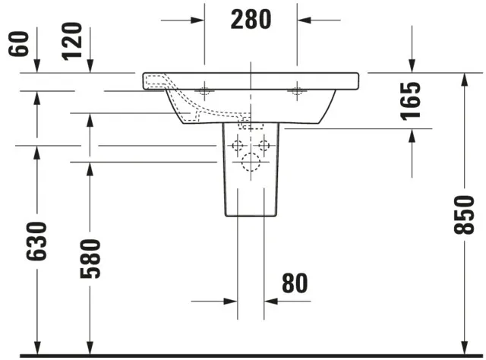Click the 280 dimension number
tap(250, 19)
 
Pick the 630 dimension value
tap(36, 241)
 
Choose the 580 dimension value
tap(89, 258)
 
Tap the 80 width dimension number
tap(295, 283)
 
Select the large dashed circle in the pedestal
tap(251, 162)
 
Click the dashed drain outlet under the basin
tap(245, 122)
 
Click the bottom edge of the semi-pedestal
tap(251, 216)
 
